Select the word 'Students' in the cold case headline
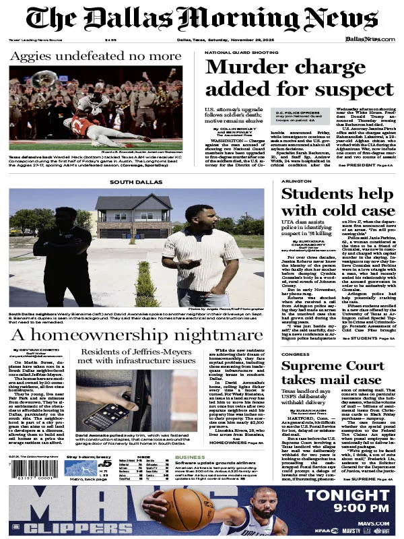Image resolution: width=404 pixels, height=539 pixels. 315,194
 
